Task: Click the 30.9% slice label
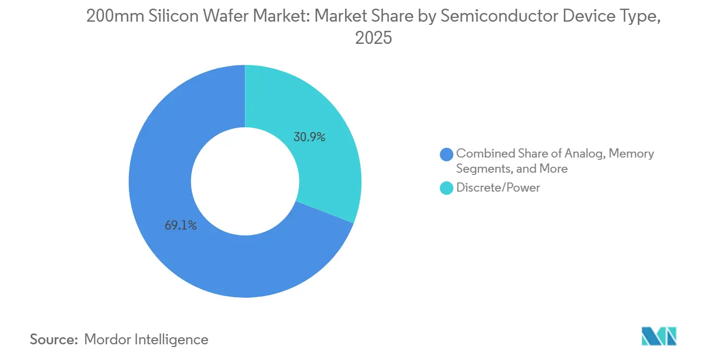pyautogui.click(x=309, y=138)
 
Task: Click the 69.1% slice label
pyautogui.click(x=180, y=226)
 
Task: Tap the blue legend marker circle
pyautogui.click(x=447, y=154)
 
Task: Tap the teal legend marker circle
pyautogui.click(x=447, y=188)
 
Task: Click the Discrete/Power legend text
pyautogui.click(x=498, y=188)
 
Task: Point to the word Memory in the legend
pyautogui.click(x=631, y=154)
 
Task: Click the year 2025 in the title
pyautogui.click(x=373, y=38)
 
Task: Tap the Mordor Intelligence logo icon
pyautogui.click(x=659, y=336)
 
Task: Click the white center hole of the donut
pyautogui.click(x=245, y=181)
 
